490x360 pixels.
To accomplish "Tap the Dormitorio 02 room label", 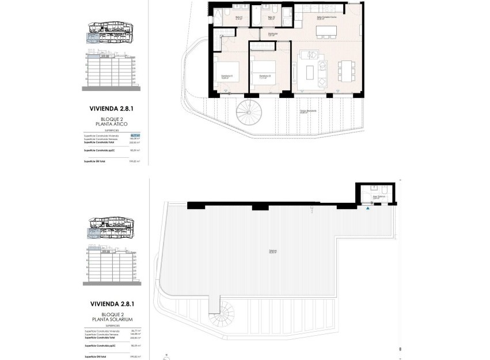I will point(264,77).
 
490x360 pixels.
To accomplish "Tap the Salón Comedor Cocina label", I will point(326,18).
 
